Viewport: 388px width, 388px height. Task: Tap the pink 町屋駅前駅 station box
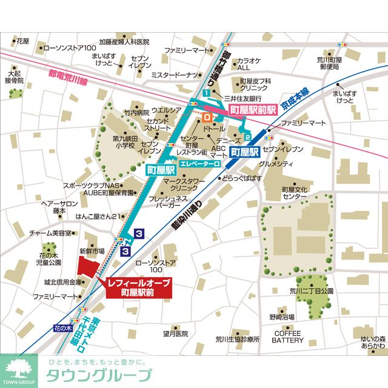(253, 110)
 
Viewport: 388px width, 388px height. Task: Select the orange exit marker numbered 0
(207, 114)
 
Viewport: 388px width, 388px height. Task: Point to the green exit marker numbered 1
(207, 93)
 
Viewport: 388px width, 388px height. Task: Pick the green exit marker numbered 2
(247, 137)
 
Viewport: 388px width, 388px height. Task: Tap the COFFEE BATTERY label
(287, 337)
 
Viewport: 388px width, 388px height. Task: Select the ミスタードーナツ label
(175, 75)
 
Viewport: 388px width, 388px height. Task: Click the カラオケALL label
(248, 64)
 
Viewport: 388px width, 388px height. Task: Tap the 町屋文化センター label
(294, 193)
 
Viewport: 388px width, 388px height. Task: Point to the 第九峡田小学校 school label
(127, 142)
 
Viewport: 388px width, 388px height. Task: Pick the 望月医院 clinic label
(176, 333)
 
